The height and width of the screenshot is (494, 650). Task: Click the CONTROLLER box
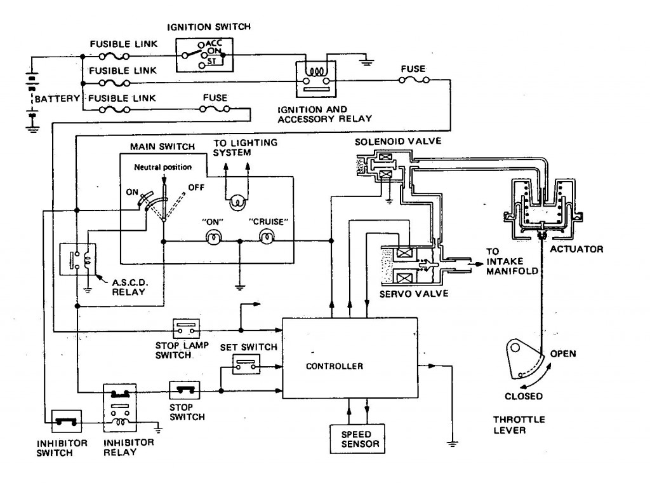point(350,358)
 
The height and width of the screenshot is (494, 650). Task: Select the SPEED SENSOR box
point(357,439)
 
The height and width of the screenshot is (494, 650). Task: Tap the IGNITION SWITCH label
point(209,27)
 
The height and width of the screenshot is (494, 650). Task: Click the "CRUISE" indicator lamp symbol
point(266,237)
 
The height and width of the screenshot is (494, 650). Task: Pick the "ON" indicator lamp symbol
point(214,237)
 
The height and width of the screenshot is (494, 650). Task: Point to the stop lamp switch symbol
point(186,329)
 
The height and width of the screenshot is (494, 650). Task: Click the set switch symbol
point(246,364)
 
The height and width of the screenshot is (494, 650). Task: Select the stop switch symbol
point(185,390)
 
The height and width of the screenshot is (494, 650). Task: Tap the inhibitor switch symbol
point(66,422)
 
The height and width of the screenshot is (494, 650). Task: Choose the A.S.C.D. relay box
point(78,259)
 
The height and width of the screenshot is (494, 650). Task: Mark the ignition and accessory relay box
point(316,79)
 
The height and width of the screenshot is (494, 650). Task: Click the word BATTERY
point(57,99)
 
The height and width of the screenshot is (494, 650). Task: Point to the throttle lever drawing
point(524,359)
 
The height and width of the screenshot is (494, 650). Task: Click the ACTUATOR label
point(576,249)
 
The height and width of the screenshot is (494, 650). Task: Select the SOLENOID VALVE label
point(398,142)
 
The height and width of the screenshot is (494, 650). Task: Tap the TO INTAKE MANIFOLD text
point(512,261)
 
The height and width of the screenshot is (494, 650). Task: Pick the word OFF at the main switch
point(196,187)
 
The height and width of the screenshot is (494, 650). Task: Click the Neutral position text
point(163,167)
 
